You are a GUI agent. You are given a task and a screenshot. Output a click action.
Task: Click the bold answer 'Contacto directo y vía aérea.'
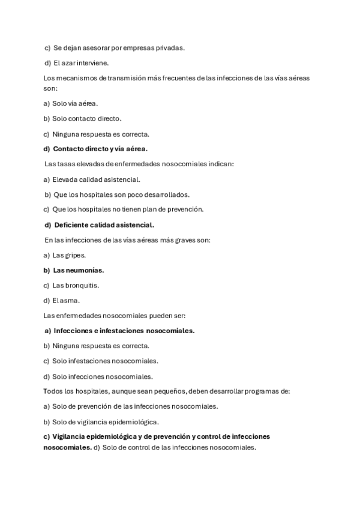[100, 149]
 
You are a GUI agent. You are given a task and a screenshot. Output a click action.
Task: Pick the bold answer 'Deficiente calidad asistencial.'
[104, 225]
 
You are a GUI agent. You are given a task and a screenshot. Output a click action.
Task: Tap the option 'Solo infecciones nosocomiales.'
[102, 376]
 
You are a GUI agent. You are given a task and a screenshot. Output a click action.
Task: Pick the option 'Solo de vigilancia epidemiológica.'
[105, 421]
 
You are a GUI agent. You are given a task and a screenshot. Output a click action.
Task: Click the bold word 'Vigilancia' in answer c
[70, 436]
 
